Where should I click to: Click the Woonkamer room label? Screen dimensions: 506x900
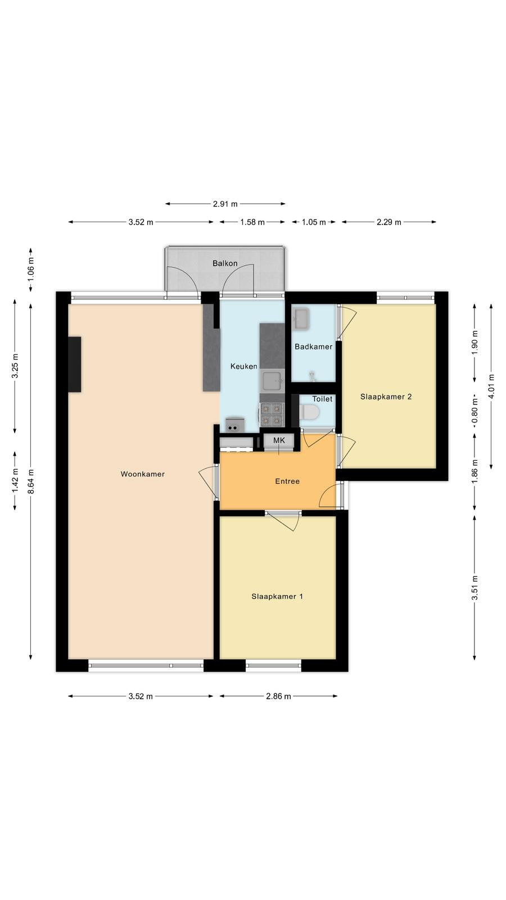tap(143, 474)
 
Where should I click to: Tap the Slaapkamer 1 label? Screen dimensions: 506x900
tap(277, 597)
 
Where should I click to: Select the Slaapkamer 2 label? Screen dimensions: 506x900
tap(386, 397)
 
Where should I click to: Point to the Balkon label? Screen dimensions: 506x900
tap(225, 264)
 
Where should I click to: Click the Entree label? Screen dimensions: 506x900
tap(287, 481)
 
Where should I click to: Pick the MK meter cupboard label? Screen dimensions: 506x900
tap(279, 440)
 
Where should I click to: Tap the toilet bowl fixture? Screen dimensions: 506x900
tap(309, 412)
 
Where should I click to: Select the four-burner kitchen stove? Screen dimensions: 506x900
tap(272, 415)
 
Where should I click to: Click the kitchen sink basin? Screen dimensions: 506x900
tap(272, 382)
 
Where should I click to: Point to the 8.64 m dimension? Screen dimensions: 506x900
tap(31, 481)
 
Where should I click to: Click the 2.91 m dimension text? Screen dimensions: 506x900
tap(225, 204)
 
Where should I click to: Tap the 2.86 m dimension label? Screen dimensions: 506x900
tap(278, 696)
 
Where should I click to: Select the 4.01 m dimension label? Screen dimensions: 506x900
tap(491, 386)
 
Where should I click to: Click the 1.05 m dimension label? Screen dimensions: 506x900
tap(314, 222)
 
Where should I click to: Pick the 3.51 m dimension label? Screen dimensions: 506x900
tap(475, 588)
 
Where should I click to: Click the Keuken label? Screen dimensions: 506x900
tap(244, 366)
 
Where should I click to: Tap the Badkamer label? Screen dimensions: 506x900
tap(313, 346)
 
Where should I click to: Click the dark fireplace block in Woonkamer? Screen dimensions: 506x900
tap(75, 364)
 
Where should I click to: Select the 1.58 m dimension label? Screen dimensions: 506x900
tap(252, 222)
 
